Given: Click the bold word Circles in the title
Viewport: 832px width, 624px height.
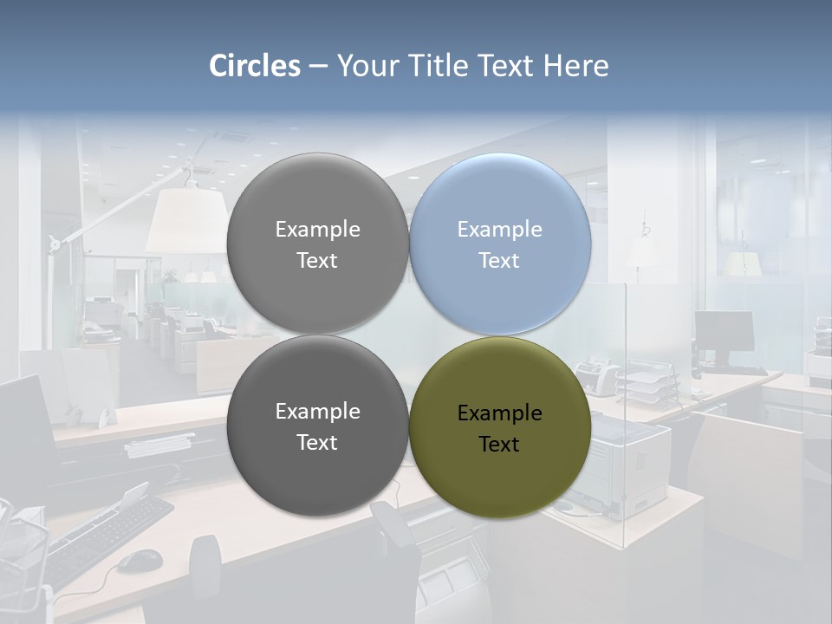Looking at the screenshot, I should click(x=255, y=66).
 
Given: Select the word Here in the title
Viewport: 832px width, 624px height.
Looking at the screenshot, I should click(x=575, y=66).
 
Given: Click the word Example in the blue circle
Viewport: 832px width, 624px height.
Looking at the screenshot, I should click(x=500, y=230).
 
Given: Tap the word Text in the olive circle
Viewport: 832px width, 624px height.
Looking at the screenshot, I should click(x=498, y=445).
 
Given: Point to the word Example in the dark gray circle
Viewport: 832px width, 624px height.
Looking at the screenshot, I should click(x=317, y=412).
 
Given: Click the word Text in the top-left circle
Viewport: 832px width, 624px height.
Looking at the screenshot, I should click(x=317, y=261).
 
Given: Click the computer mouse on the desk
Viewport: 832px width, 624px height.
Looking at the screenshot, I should click(x=139, y=561).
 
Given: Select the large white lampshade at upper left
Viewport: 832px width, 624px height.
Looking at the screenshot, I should click(x=186, y=221).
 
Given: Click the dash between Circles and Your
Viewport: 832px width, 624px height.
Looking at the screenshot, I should click(x=318, y=66).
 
